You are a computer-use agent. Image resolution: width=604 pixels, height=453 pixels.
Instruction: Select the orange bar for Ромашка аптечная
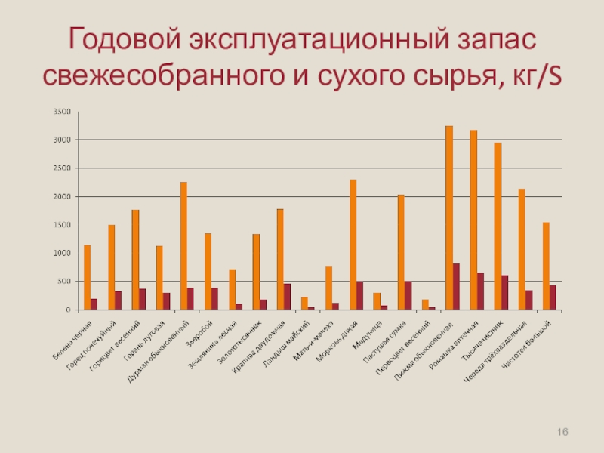tap(473, 220)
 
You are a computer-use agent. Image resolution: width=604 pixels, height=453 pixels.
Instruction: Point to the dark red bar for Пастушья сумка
tap(408, 295)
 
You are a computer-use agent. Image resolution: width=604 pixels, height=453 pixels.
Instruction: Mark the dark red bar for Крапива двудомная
tap(287, 297)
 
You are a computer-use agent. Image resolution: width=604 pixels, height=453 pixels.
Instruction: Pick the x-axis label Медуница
tap(368, 331)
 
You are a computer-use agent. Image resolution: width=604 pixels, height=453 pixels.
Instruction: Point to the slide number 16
tap(562, 431)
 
